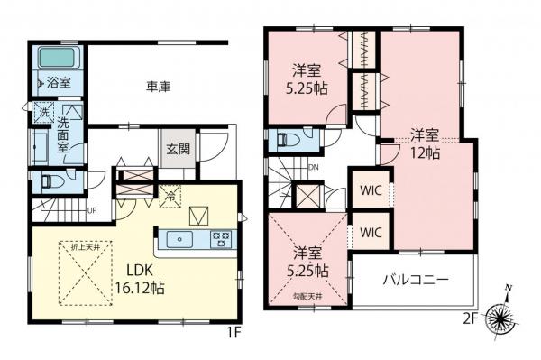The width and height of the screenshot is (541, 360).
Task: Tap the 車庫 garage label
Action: click(159, 88)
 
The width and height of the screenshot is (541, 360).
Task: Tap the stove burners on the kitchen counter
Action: click(221, 240)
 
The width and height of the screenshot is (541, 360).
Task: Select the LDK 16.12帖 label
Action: click(139, 280)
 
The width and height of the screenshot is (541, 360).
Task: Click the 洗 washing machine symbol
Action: click(41, 113)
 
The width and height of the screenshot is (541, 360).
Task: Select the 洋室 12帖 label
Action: click(426, 144)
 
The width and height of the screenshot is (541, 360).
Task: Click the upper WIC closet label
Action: click(369, 190)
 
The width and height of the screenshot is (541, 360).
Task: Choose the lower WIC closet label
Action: click(369, 232)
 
